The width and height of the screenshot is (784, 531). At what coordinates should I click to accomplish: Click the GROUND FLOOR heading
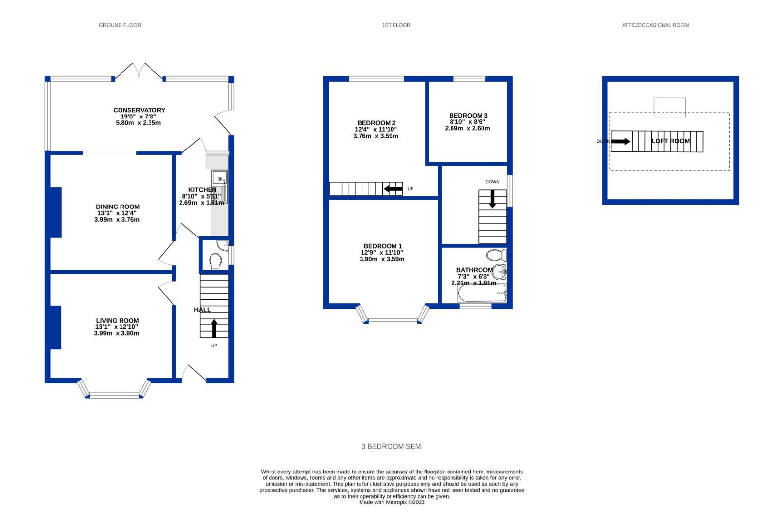pos(120,25)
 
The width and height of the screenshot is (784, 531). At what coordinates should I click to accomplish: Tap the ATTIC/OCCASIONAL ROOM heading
pos(655,25)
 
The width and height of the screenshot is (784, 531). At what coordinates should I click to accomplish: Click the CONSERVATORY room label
pos(139,110)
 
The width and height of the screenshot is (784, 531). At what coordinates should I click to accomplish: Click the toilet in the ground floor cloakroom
pos(215,261)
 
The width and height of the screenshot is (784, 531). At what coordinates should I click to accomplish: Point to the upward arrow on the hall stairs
pos(214,328)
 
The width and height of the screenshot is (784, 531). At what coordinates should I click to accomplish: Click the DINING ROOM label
pos(118,206)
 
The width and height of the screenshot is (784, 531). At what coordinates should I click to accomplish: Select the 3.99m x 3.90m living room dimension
pos(117,333)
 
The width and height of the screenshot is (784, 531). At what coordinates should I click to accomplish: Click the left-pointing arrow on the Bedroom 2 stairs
pos(393,189)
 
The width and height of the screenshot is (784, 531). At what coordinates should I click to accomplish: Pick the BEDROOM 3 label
pos(468,116)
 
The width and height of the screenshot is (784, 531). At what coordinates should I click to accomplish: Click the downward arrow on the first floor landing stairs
pos(492,199)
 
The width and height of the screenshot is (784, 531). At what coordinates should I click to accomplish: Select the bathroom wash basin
pos(500,271)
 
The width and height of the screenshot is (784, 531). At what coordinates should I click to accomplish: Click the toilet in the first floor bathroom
pos(496,255)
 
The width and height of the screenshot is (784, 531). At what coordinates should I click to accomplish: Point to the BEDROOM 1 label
pos(383,246)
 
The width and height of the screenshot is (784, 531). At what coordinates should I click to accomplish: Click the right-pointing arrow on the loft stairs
pos(621,141)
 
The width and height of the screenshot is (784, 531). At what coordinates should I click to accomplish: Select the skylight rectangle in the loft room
pos(669,107)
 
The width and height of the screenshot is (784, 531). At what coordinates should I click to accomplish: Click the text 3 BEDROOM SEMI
pos(392,447)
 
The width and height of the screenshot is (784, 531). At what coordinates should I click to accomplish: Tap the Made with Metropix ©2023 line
pos(392,502)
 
